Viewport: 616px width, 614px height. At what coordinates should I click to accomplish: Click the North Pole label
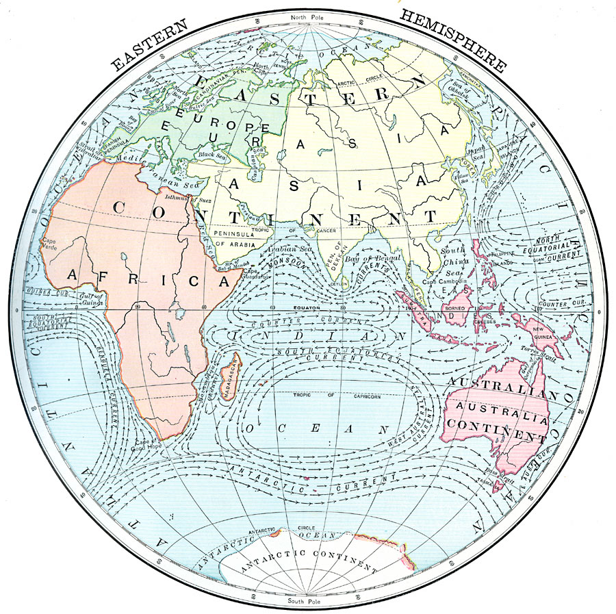[308, 16]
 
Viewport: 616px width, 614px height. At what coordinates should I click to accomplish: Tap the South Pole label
[307, 601]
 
